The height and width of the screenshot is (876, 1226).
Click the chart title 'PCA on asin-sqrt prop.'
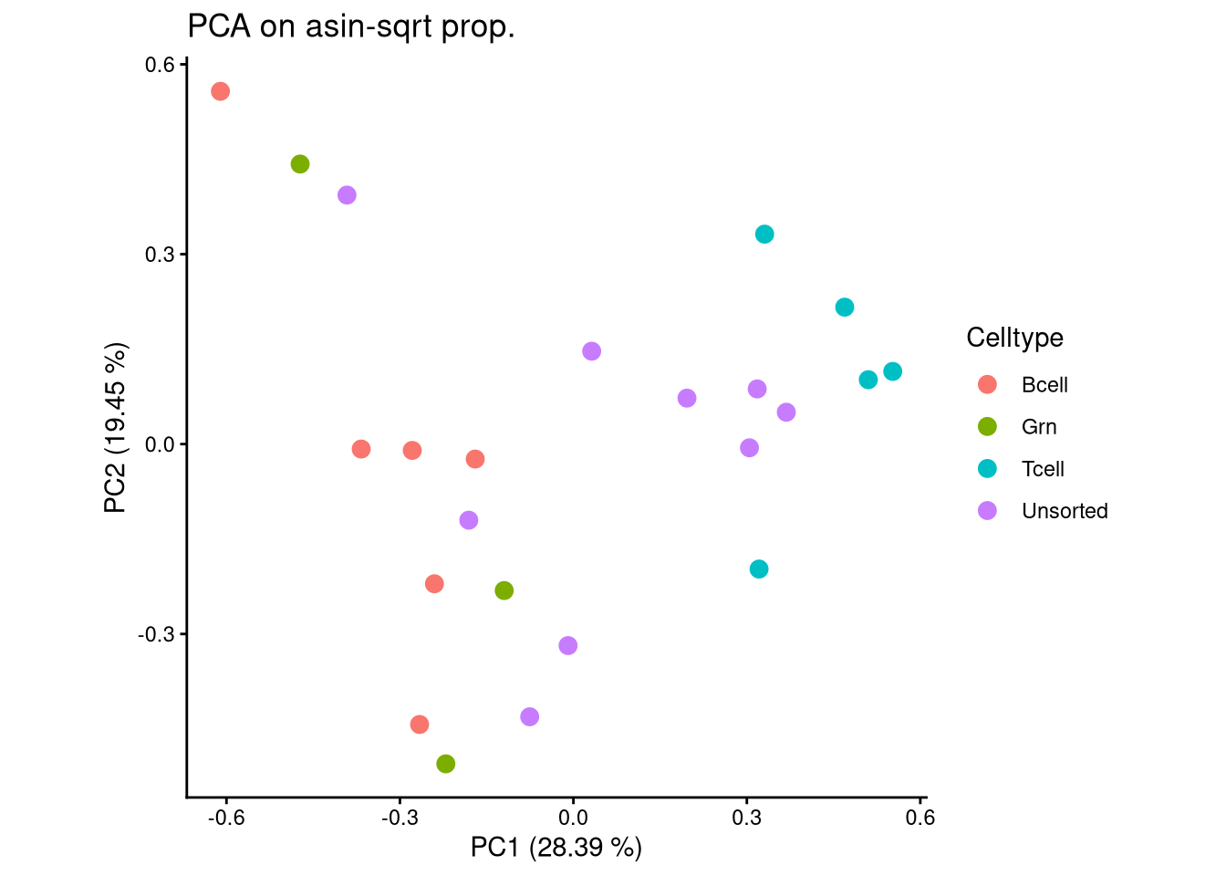point(351,27)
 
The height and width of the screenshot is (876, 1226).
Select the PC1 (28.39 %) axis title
point(556,848)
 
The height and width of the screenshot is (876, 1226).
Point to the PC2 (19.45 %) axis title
point(116,428)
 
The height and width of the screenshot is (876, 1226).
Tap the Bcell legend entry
point(1044,385)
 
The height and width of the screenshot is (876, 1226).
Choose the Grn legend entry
point(1038,427)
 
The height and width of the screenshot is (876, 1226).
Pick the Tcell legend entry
point(1043,469)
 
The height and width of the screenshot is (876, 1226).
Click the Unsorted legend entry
point(1064,511)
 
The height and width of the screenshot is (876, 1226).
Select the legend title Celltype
point(1014,338)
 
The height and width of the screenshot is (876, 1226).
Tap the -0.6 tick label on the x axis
point(225,818)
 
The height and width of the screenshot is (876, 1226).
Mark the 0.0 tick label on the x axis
point(573,818)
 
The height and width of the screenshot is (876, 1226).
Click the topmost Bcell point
point(220,91)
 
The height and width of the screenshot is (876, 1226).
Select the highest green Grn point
point(300,164)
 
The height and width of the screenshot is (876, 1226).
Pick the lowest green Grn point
point(445,764)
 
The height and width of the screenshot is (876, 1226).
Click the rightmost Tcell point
point(892,371)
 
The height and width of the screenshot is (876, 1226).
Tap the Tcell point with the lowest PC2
point(759,569)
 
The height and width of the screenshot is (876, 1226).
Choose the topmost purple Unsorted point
point(347,195)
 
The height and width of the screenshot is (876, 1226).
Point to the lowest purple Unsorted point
point(529,717)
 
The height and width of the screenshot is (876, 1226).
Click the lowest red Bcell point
point(420,725)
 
